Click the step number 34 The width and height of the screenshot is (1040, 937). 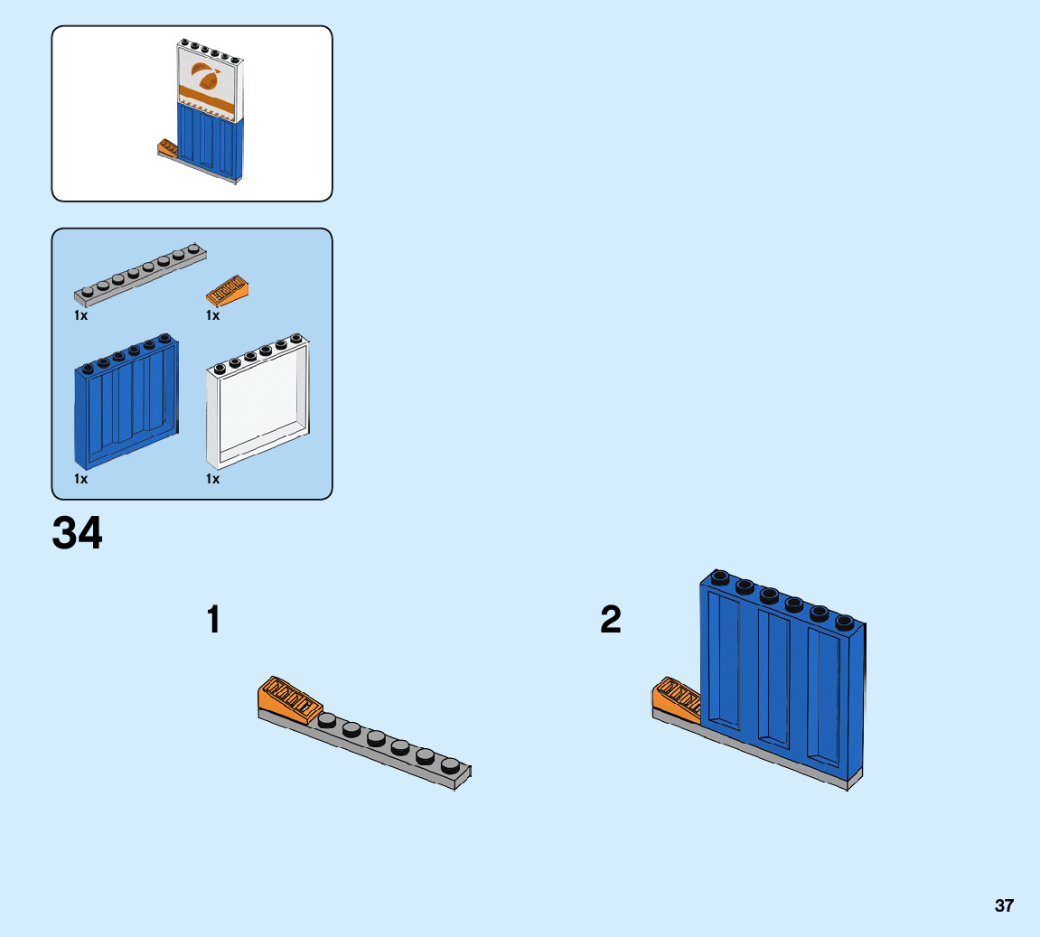point(78,534)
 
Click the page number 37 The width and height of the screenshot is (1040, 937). point(1004,905)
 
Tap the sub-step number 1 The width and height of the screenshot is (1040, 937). point(213,621)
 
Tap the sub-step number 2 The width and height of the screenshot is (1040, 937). point(611,621)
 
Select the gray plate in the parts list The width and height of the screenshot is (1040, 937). point(140,276)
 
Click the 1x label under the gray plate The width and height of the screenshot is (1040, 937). point(81,316)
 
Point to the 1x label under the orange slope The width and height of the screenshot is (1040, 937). point(212,316)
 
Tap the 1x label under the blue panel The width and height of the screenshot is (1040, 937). point(81,479)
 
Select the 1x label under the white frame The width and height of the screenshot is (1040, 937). point(212,479)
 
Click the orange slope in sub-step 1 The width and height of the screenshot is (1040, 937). point(287,698)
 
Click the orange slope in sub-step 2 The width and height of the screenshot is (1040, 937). point(674,698)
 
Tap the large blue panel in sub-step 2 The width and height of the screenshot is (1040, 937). point(782,678)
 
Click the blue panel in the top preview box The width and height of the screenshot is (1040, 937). point(211,140)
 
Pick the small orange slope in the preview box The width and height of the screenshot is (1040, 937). point(168,146)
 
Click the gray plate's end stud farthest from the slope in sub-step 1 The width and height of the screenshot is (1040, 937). point(450,764)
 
